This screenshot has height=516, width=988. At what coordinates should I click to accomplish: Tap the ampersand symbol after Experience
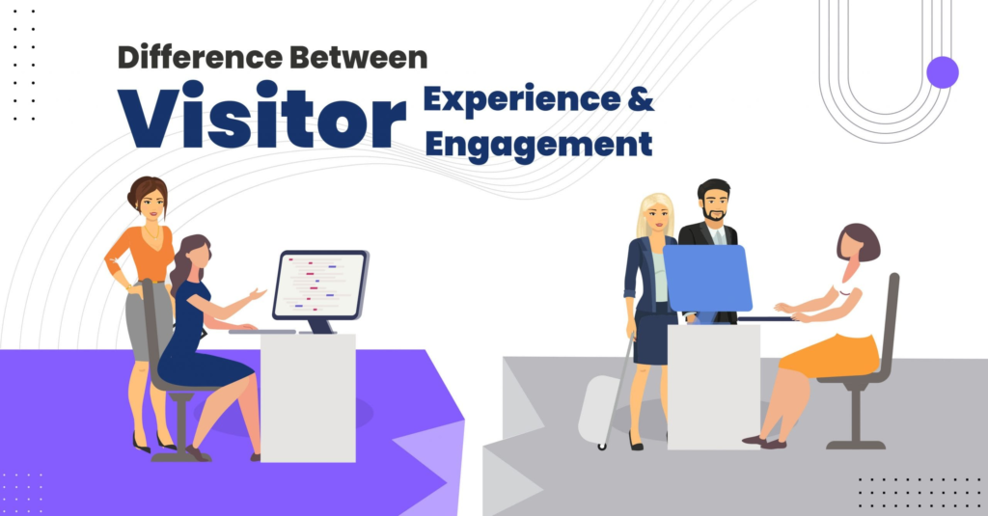[x=641, y=99]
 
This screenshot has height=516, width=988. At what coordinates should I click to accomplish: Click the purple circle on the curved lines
[x=943, y=71]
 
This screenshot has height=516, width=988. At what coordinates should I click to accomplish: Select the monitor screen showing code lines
[x=320, y=285]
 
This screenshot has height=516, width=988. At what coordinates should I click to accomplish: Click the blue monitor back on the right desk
[x=707, y=278]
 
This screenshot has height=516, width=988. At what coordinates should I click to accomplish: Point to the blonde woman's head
[x=656, y=214]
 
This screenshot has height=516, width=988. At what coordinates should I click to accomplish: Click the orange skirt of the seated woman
[x=829, y=355]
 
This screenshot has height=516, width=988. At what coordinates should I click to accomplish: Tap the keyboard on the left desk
[x=261, y=331]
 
